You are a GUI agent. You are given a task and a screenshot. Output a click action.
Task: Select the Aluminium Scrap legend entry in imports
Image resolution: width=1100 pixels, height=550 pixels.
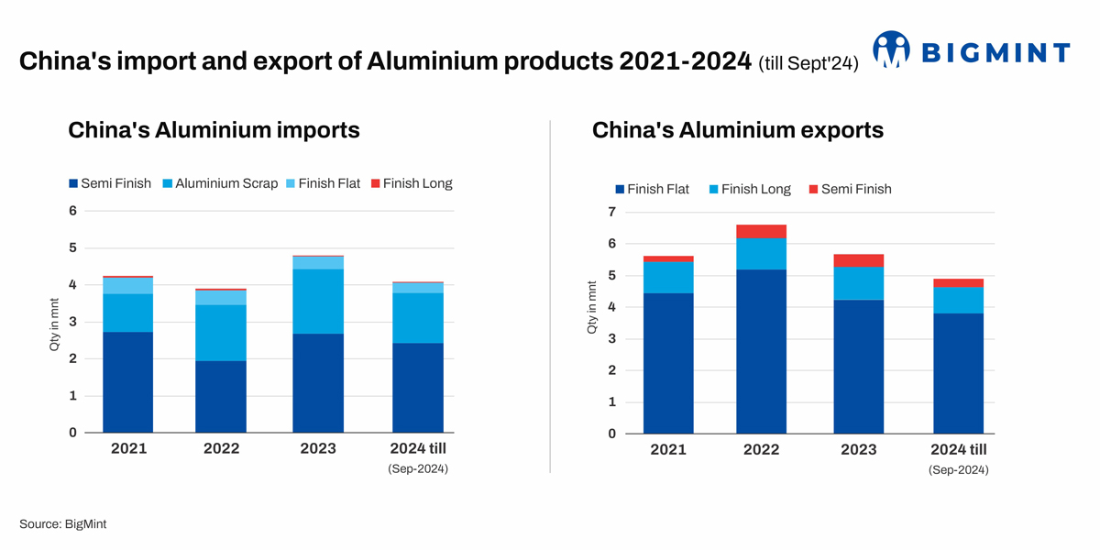point(219,183)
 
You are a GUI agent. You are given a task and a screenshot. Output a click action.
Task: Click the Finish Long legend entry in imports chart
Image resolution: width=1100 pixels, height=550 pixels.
point(410,183)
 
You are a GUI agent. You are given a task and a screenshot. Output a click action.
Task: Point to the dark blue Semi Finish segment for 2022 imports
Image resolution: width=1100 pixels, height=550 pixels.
point(221,396)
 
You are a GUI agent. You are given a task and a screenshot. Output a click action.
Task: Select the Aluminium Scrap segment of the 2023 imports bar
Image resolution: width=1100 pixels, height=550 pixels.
point(318,301)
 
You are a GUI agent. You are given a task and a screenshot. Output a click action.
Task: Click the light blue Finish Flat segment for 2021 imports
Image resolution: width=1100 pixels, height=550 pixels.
point(127,285)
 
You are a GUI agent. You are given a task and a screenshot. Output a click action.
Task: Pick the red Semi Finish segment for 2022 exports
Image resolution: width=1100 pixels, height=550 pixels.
point(761,231)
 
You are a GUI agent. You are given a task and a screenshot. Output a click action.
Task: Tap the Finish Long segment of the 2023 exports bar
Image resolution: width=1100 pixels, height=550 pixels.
point(858,283)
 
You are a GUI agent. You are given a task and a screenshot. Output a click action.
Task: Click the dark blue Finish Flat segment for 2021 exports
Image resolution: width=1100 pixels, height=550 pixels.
point(668,363)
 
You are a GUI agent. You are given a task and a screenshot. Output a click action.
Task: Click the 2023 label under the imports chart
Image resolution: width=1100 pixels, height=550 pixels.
point(318,448)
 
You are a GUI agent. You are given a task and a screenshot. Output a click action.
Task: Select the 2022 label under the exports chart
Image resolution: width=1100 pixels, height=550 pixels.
point(761,449)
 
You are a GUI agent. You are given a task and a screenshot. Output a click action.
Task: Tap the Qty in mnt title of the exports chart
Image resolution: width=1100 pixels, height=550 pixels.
point(592,307)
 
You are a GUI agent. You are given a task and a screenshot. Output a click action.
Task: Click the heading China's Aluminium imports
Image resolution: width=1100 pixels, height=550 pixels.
point(214,130)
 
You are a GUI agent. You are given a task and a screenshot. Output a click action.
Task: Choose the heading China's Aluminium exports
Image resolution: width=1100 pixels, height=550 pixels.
point(738,130)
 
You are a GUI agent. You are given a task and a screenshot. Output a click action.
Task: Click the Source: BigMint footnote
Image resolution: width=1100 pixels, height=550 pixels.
point(69,523)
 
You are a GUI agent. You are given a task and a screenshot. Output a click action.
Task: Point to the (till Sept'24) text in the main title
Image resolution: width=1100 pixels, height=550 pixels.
point(808,63)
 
